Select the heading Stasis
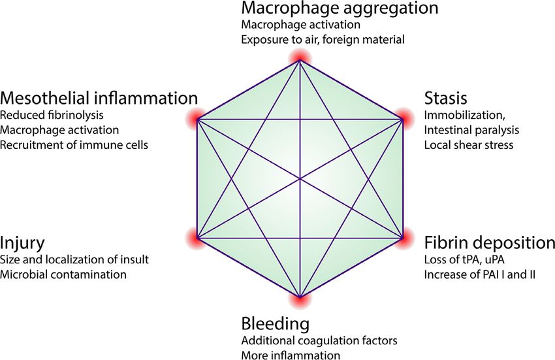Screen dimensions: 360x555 coord(445,99)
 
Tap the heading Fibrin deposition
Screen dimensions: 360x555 coord(489,243)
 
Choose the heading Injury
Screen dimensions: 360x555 coord(23,244)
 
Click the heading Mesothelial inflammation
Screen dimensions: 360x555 coord(99,99)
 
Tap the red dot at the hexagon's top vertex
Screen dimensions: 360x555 coord(300,59)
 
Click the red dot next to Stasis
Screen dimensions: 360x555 coord(402,119)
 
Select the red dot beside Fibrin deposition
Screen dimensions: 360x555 coord(402,238)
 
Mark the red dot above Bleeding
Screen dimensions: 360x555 coord(300,297)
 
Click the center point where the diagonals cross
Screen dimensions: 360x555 coord(300,178)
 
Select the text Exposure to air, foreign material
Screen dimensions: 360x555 coord(323,40)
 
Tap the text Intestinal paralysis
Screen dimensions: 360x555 coord(463,130)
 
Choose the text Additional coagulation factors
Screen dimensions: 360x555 coord(319,341)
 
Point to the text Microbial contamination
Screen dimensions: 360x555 coord(63,274)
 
